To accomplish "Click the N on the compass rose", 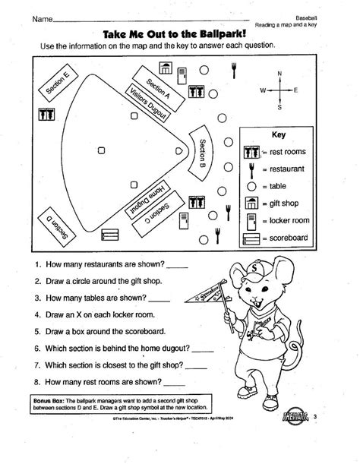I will click(x=280, y=73).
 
